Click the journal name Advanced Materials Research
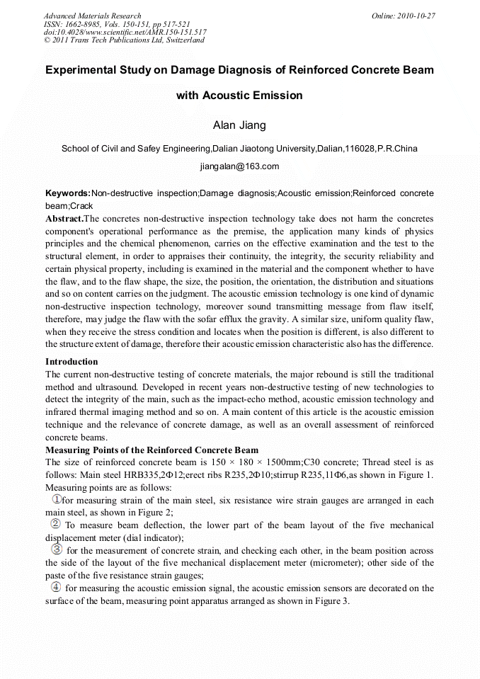(92, 16)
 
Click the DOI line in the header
(125, 32)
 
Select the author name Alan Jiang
(239, 125)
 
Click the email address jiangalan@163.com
(239, 166)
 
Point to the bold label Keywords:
(68, 193)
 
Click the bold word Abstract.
(64, 219)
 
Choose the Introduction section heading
(72, 362)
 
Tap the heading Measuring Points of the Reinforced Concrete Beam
(152, 450)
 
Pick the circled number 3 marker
(57, 550)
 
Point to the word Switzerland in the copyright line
(183, 40)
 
